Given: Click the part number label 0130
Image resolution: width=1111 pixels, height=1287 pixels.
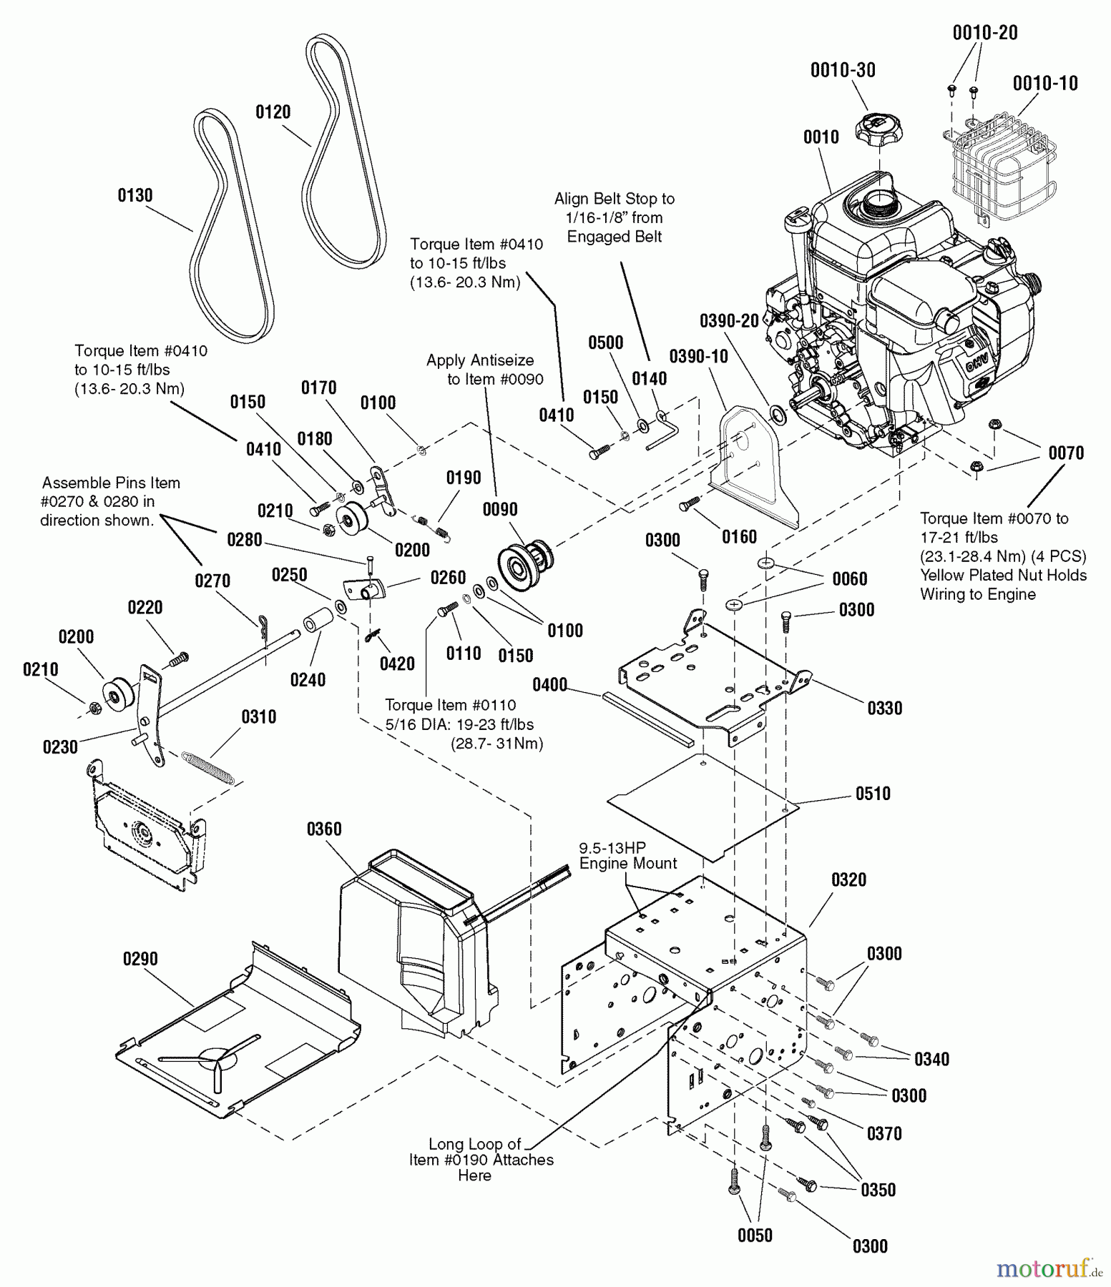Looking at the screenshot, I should coord(134,195).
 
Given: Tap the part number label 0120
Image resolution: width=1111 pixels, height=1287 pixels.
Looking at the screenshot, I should coord(273,112).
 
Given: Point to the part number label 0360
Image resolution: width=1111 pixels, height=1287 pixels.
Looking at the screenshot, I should coord(324,829).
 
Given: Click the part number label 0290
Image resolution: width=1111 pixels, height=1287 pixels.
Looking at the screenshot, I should coord(140,960).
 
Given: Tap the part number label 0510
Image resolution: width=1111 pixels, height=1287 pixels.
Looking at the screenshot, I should coord(873,794).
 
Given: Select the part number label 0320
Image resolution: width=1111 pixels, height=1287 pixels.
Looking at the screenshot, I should coord(848,880).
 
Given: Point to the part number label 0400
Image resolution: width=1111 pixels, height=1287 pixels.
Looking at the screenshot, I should coord(549,686).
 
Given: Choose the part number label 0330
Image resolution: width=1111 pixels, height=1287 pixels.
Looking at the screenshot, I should coord(885,709).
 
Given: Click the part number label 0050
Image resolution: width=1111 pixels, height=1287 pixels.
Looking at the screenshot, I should coord(755,1236).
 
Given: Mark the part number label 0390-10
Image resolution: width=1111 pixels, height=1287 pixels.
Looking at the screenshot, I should coord(698,356).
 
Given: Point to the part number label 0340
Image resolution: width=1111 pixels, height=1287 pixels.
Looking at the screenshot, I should coord(931,1060).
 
